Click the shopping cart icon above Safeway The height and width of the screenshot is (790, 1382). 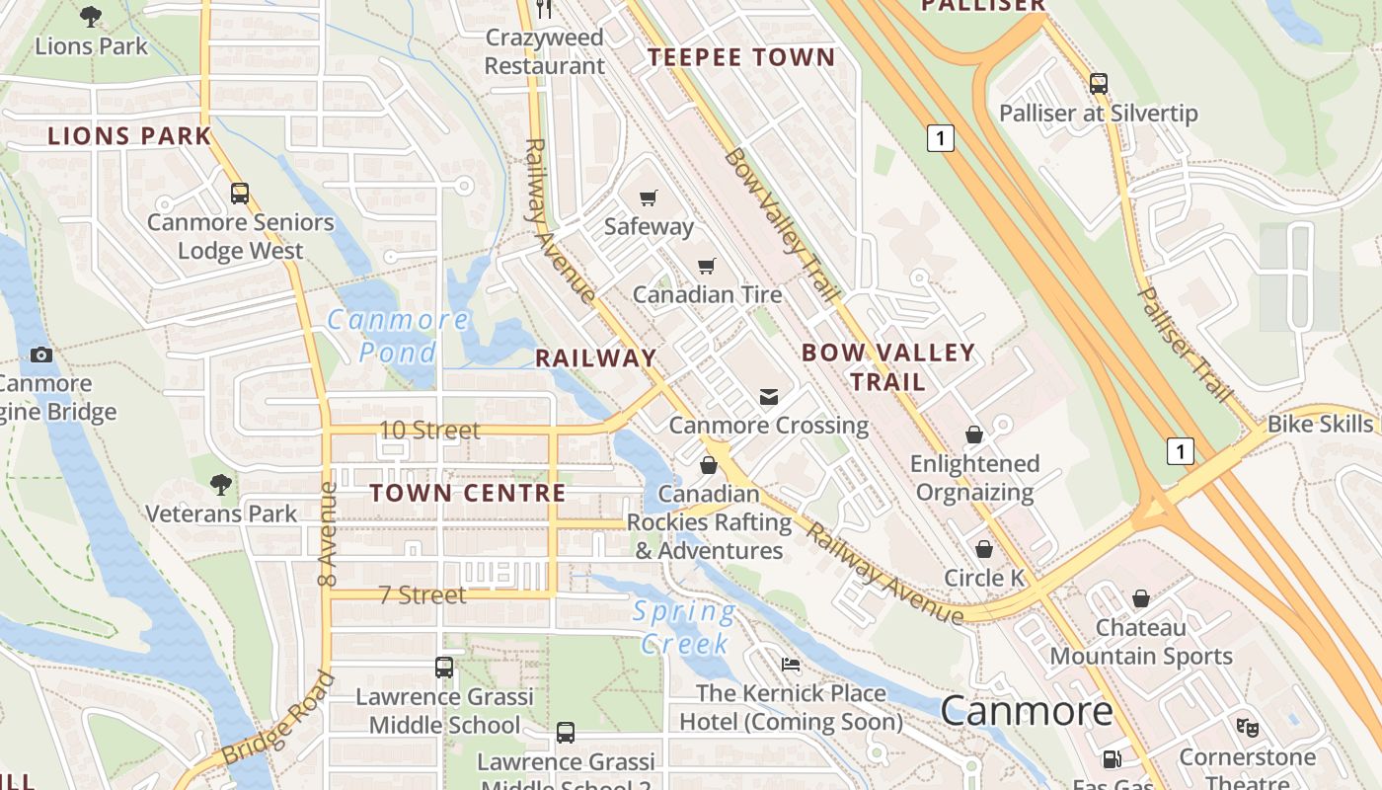(648, 197)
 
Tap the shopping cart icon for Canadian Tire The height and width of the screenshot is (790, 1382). (707, 266)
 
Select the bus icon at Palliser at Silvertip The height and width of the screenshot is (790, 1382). (1099, 84)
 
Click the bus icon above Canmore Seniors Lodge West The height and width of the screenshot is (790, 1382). (240, 194)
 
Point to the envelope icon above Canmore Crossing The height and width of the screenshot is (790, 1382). (768, 397)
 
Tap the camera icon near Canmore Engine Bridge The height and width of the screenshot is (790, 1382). (41, 355)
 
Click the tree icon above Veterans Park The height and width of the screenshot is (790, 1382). (221, 484)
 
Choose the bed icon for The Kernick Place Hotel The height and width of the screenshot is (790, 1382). (791, 664)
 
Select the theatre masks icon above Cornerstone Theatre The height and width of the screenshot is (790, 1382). (1247, 728)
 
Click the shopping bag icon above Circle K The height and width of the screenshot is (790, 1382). (984, 549)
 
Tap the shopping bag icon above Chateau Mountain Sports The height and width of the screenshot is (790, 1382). (1141, 598)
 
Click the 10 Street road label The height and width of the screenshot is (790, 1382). (430, 431)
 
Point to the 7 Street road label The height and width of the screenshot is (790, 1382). (422, 594)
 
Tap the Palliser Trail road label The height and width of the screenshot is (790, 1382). (1186, 345)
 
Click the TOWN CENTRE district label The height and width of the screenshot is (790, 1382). (468, 493)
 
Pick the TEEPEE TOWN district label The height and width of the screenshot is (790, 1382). (741, 57)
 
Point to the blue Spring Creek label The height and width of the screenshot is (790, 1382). (684, 628)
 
